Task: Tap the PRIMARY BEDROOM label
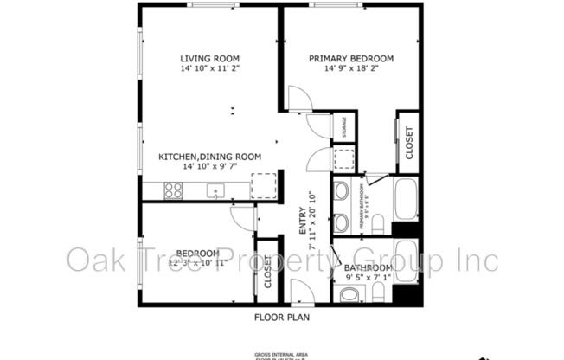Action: [x=351, y=59]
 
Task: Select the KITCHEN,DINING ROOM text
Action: [x=209, y=157]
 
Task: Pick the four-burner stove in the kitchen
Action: [x=173, y=190]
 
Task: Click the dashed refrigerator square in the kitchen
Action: [x=262, y=187]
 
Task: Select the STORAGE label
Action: [x=344, y=127]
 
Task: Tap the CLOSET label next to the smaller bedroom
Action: [x=268, y=272]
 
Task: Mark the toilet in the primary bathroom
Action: [x=377, y=223]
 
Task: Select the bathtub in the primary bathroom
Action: [x=407, y=201]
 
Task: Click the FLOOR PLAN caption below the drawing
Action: [x=282, y=317]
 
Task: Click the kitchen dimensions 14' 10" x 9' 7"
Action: [x=209, y=168]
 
